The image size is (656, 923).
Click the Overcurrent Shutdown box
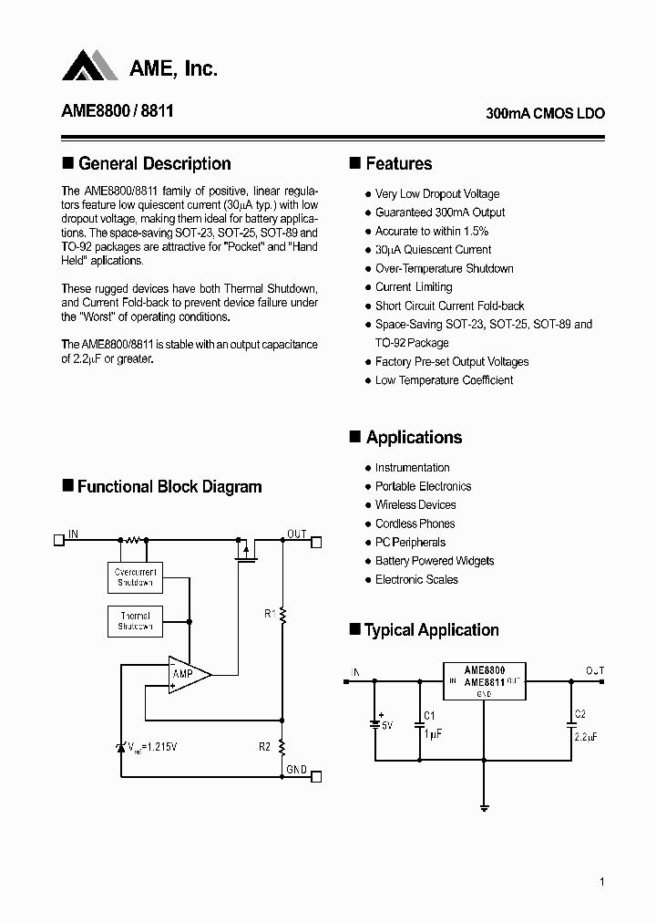(135, 576)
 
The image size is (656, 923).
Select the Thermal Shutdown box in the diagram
(135, 620)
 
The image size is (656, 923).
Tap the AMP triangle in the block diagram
(187, 674)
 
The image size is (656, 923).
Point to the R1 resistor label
(270, 614)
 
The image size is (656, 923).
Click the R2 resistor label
(265, 747)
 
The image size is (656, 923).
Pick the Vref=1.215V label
(152, 747)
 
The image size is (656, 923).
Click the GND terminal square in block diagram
(316, 777)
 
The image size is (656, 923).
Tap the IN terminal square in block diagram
(59, 539)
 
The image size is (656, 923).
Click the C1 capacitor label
(430, 715)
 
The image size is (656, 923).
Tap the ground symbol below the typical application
(484, 805)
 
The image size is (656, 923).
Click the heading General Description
(155, 164)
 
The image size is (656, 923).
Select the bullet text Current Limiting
(413, 287)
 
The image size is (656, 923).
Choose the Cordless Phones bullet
(415, 524)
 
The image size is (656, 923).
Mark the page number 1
(603, 881)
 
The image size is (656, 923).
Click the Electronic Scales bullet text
(416, 579)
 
